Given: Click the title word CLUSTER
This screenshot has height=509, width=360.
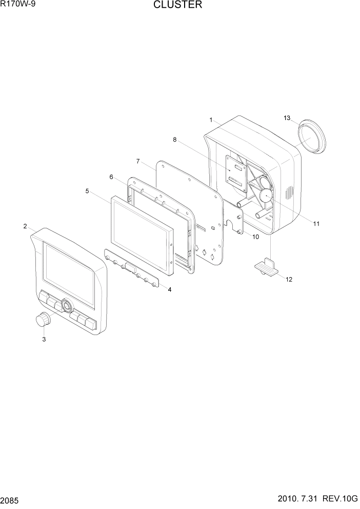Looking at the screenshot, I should coord(177,6).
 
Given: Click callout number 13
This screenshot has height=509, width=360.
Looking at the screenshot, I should coord(287,118).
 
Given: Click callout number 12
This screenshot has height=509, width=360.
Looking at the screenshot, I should coord(289,280).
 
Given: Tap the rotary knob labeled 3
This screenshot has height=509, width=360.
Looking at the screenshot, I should coord(44,320).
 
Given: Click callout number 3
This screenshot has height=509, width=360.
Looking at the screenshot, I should coord(44,339).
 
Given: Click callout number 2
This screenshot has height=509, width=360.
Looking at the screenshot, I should coord(25,226).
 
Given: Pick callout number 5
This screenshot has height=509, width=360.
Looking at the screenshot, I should coord(87,191).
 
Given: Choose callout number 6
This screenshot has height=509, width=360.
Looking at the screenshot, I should coord(111,177).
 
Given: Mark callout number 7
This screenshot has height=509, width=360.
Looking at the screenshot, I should coord(138,161).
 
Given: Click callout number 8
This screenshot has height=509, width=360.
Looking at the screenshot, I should coord(174,139).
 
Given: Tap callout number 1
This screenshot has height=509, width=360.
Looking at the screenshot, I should coord(211,120).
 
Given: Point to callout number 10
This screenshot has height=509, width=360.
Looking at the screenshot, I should coord(255,237).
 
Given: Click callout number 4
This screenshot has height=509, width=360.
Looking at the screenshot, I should coord(169,289).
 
